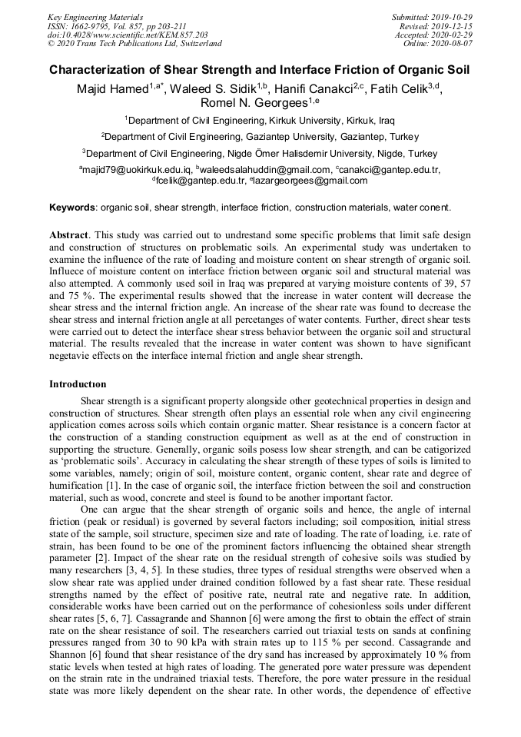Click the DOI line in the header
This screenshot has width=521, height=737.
pos(128,35)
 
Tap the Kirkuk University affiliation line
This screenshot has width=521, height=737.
pos(260,121)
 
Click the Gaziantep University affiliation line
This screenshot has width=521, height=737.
pos(260,137)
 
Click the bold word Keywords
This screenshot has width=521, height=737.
pos(72,207)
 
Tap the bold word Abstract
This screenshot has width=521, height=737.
pos(70,234)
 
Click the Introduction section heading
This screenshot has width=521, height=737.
pos(78,383)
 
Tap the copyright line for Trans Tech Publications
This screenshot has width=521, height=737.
pos(134,44)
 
